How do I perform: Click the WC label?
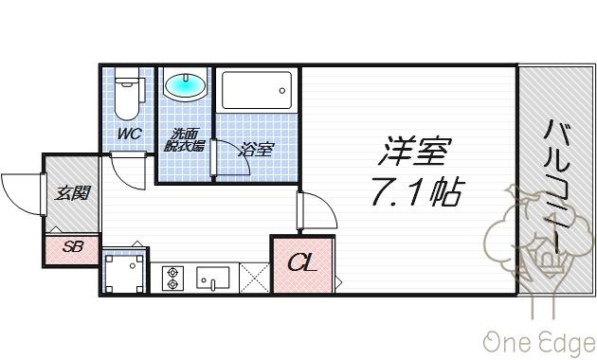coord(130,134)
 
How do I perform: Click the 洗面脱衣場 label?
coord(185,140)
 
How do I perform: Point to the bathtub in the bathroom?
coord(257,90)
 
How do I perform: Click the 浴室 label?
coord(256,149)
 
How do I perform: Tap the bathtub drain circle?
coord(282,91)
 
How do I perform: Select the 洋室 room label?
coord(416,151)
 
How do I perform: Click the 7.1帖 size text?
coord(418,191)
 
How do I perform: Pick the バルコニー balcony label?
coord(557,187)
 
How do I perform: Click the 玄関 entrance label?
coord(72,193)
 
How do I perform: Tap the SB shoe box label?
coord(73,247)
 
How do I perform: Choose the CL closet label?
coord(302,262)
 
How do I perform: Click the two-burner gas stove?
coord(172,278)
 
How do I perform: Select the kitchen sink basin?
coord(213,277)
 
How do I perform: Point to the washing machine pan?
coord(124,273)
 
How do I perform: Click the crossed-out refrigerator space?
coord(254,278)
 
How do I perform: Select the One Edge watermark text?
coord(539,342)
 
